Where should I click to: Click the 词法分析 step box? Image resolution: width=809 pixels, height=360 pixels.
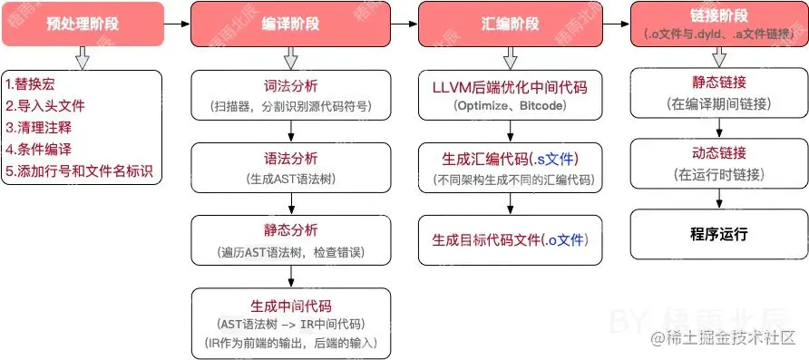290,95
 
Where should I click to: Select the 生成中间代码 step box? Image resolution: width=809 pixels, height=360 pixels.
290,322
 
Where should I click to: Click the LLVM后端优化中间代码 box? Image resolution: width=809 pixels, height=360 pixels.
508,95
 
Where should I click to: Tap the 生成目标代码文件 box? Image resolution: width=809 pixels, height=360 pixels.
508,240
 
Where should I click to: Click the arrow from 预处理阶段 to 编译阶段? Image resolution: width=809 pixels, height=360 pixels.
176,22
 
